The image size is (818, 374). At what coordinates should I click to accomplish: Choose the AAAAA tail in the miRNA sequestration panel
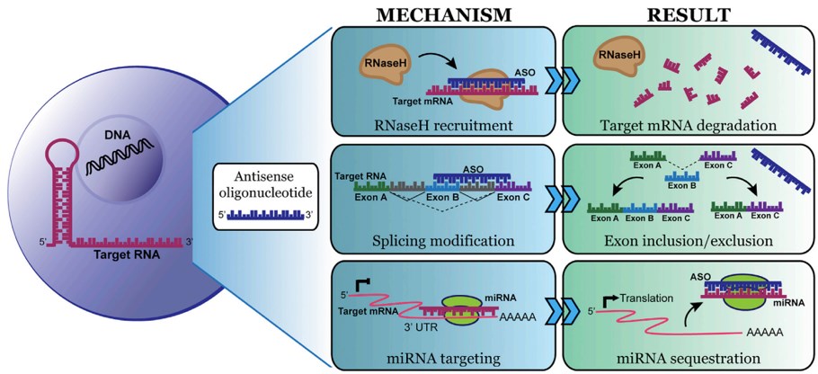point(762,332)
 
